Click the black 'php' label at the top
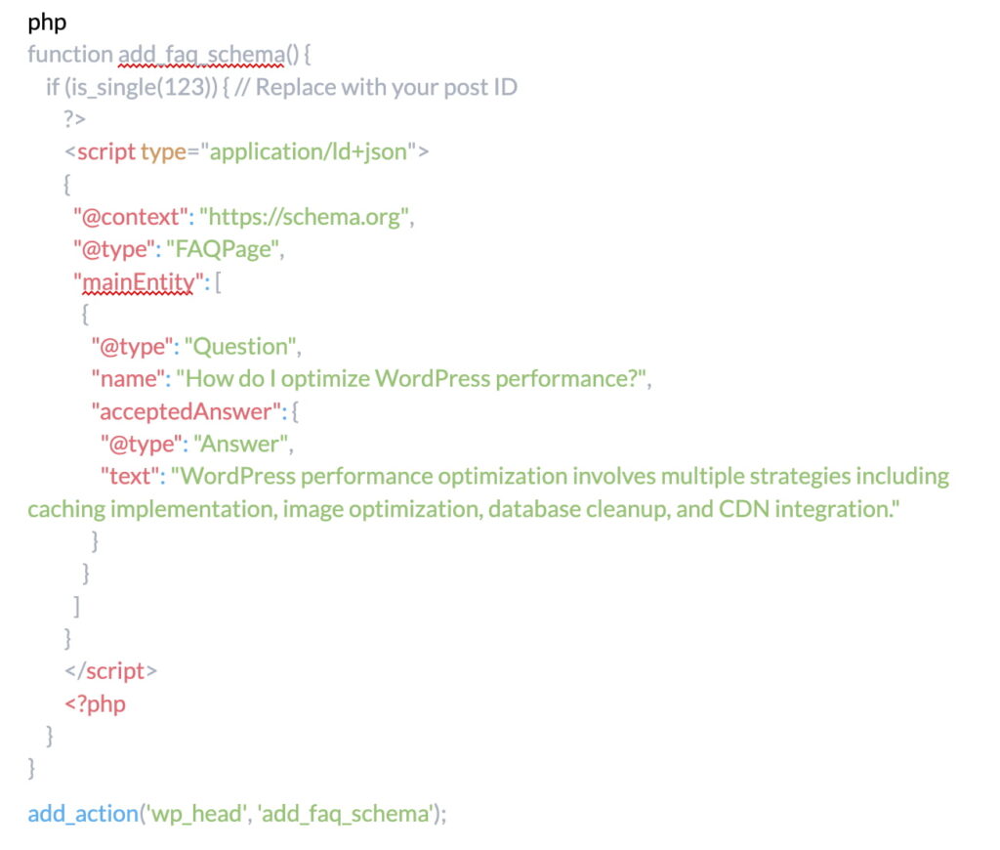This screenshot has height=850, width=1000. [x=47, y=21]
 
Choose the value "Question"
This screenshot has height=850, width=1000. [x=242, y=346]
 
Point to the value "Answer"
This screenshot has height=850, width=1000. [x=242, y=444]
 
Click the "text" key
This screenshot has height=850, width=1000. [x=131, y=476]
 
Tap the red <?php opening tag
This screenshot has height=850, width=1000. [x=95, y=703]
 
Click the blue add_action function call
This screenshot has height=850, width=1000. [x=83, y=813]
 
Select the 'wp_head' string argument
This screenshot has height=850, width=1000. [x=192, y=813]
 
